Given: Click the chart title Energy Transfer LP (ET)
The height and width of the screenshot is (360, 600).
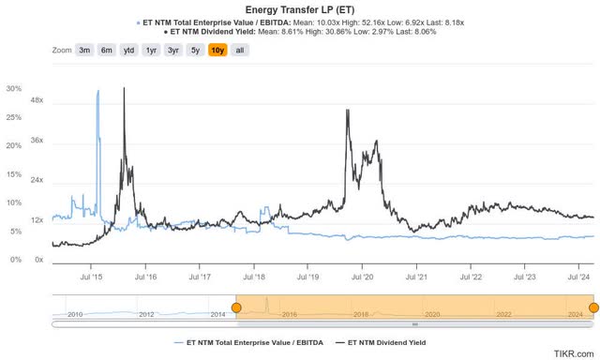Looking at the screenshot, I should pyautogui.click(x=299, y=7).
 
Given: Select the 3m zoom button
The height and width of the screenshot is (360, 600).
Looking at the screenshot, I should pyautogui.click(x=85, y=50).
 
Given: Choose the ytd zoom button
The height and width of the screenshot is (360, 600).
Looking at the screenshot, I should pyautogui.click(x=129, y=50).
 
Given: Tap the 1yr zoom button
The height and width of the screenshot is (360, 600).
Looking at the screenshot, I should pyautogui.click(x=151, y=50).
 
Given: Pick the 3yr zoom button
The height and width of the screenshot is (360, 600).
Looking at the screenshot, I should pyautogui.click(x=173, y=50).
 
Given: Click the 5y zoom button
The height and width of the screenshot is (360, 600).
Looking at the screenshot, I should pyautogui.click(x=194, y=50).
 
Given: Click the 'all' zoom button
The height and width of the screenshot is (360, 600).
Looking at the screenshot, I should pyautogui.click(x=239, y=50).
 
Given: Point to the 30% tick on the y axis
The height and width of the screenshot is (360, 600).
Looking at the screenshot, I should pyautogui.click(x=14, y=89).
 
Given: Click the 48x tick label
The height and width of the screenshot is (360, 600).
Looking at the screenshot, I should pyautogui.click(x=37, y=100).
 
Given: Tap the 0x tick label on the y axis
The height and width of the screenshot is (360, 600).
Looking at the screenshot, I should pyautogui.click(x=38, y=258).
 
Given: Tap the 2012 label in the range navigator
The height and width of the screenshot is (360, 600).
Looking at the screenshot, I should pyautogui.click(x=146, y=314).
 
